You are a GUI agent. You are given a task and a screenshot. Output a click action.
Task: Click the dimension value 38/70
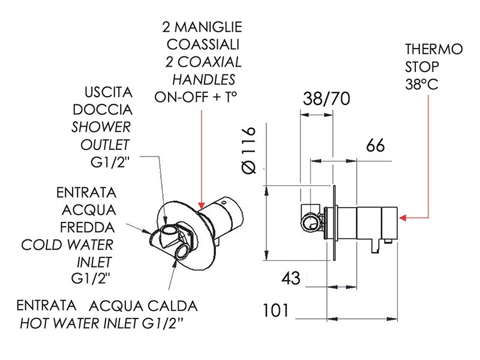[326, 99]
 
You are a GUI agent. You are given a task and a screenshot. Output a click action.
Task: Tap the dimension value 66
[376, 145]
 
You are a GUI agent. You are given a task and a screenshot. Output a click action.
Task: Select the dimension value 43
[291, 278]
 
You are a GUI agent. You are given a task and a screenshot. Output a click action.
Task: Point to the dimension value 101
[275, 310]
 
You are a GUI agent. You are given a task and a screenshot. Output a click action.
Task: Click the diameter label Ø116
[248, 151]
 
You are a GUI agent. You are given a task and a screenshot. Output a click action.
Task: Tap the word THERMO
[434, 49]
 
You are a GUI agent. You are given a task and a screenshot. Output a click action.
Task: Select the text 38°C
[422, 85]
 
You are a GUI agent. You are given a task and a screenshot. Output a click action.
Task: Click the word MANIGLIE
[208, 27]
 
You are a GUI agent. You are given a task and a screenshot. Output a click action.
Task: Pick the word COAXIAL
[209, 62]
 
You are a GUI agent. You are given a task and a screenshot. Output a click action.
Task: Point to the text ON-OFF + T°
[196, 97]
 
